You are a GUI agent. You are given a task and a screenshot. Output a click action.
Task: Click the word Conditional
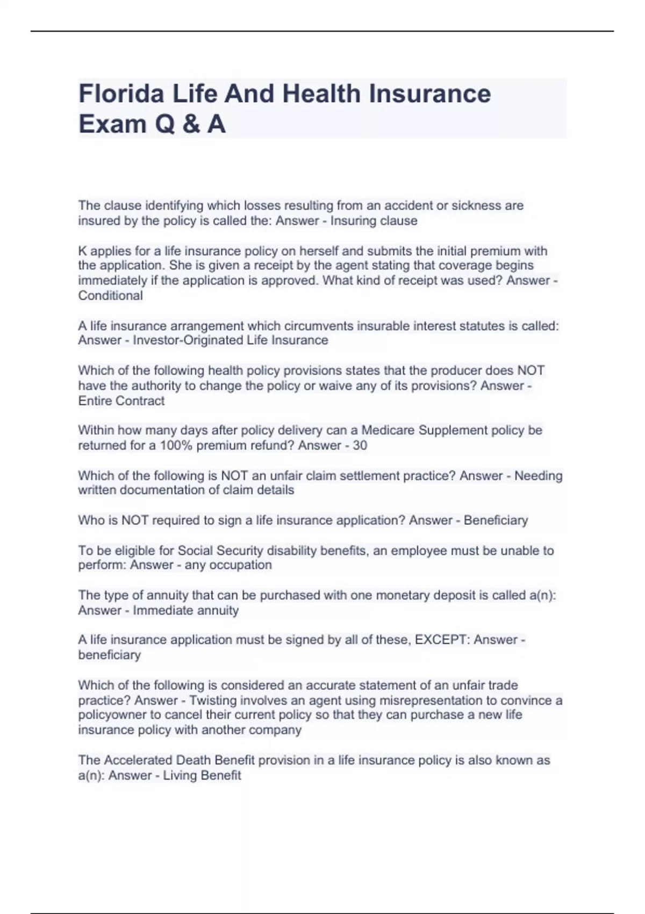[111, 295]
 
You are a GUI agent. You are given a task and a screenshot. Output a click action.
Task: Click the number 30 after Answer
[360, 445]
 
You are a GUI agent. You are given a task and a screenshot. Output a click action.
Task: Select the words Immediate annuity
[186, 610]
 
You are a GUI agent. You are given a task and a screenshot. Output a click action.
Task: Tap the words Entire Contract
[121, 401]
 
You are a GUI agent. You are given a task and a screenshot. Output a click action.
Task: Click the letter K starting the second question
[82, 251]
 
